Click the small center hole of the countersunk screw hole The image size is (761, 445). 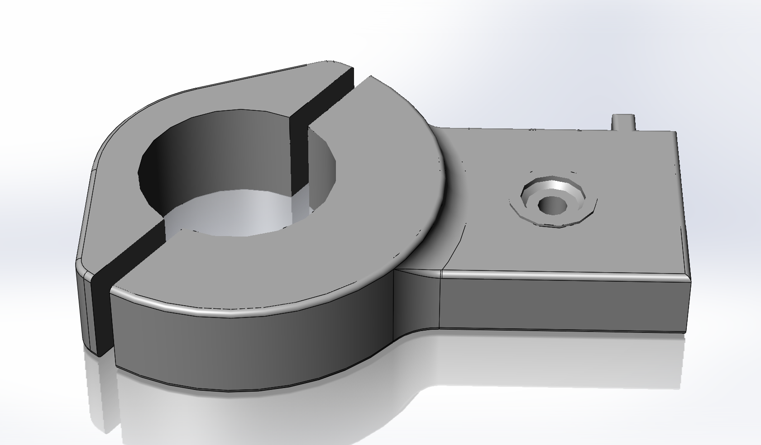553,205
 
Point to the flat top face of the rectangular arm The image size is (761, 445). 589,244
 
